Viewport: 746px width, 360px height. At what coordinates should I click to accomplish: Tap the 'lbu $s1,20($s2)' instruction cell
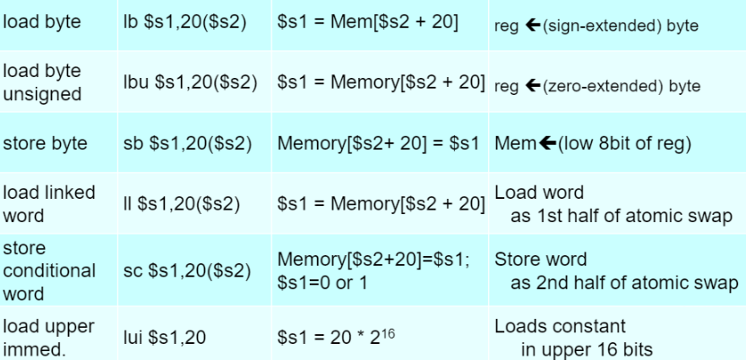click(x=190, y=82)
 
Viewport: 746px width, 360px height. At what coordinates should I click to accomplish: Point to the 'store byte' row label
click(x=46, y=143)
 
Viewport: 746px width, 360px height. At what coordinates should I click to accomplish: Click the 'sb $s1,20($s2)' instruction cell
click(x=186, y=143)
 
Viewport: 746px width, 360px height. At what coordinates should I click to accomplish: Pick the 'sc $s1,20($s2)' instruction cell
click(x=185, y=270)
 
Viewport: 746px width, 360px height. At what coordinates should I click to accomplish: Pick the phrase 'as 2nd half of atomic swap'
click(x=623, y=282)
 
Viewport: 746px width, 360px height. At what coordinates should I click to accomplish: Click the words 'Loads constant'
click(x=560, y=327)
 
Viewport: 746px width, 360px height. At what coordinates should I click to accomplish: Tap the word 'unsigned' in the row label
click(x=41, y=93)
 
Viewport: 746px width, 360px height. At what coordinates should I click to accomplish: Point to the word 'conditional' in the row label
click(x=49, y=270)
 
